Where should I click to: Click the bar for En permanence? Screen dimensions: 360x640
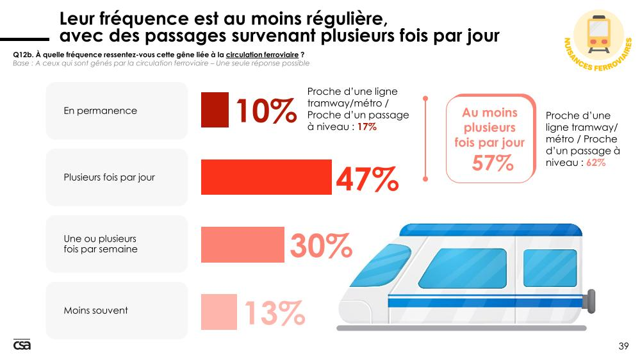click(215, 110)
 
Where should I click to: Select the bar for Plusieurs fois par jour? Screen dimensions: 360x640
click(266, 177)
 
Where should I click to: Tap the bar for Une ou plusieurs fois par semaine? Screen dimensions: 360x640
click(242, 244)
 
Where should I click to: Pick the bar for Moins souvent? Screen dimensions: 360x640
click(218, 311)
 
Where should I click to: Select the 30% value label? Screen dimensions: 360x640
click(320, 245)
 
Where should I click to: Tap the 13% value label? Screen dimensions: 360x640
click(274, 313)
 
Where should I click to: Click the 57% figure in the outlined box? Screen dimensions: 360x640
click(493, 163)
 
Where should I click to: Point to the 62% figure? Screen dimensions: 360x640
click(595, 163)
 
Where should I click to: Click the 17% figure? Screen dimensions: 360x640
click(366, 127)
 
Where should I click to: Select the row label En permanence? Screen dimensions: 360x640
click(100, 111)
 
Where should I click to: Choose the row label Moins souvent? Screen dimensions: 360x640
click(95, 311)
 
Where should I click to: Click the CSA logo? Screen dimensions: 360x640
click(22, 345)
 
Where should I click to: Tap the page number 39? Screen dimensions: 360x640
click(623, 347)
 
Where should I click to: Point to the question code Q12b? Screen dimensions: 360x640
click(22, 55)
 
